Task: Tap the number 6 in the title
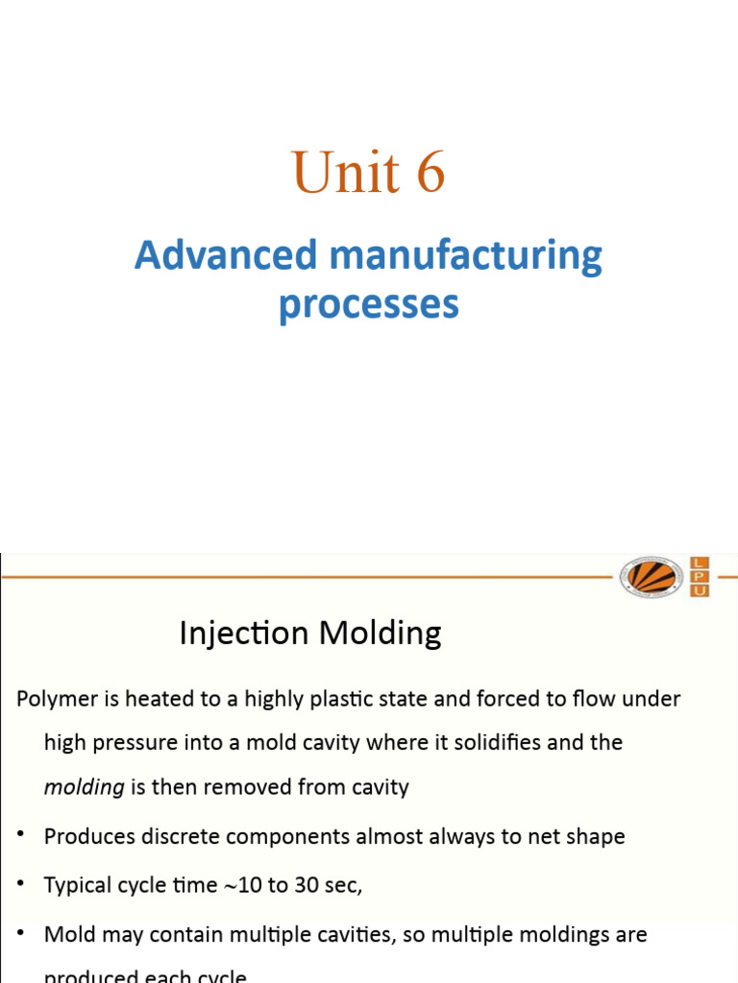(x=430, y=173)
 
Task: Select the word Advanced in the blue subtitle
(x=226, y=255)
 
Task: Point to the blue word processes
(x=369, y=304)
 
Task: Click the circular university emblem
(x=652, y=577)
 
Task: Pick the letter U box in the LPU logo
(x=700, y=590)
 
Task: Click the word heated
(x=159, y=699)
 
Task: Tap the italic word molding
(x=85, y=787)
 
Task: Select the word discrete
(x=172, y=836)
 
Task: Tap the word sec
(x=342, y=884)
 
